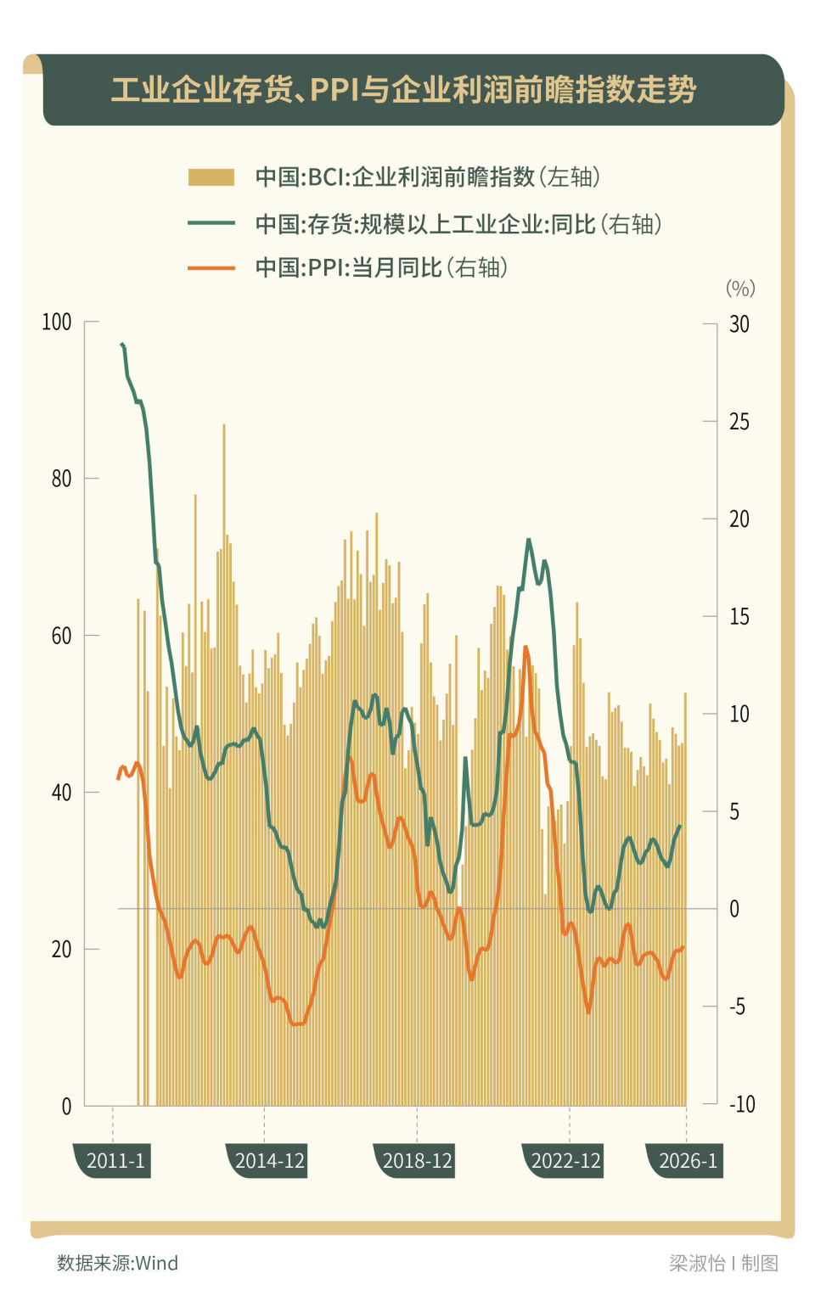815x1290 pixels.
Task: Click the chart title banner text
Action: pyautogui.click(x=403, y=89)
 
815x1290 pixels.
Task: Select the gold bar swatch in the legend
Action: pyautogui.click(x=211, y=177)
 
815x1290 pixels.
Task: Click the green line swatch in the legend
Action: pyautogui.click(x=211, y=223)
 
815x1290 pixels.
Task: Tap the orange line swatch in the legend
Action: pyautogui.click(x=211, y=267)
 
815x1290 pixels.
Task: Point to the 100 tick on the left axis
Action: pyautogui.click(x=57, y=322)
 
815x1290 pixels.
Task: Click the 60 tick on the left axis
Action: pyautogui.click(x=61, y=636)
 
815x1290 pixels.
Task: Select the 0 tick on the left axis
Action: pyautogui.click(x=66, y=1106)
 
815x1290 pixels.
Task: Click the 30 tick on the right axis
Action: pyautogui.click(x=739, y=324)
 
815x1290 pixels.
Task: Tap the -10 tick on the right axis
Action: pyautogui.click(x=741, y=1104)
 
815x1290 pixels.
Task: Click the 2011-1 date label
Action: pyautogui.click(x=115, y=1161)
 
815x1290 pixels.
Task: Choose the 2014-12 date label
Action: pyautogui.click(x=269, y=1161)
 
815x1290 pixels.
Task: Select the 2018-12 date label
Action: pyautogui.click(x=417, y=1161)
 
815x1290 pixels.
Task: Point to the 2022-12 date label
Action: pyautogui.click(x=565, y=1161)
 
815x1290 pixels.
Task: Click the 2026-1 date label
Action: pyautogui.click(x=688, y=1161)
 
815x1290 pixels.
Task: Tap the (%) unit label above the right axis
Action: pyautogui.click(x=740, y=289)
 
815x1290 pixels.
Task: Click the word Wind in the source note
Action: pyautogui.click(x=157, y=1263)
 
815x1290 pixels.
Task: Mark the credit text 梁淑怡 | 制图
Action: pyautogui.click(x=723, y=1263)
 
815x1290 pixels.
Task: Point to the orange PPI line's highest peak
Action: pyautogui.click(x=526, y=648)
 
